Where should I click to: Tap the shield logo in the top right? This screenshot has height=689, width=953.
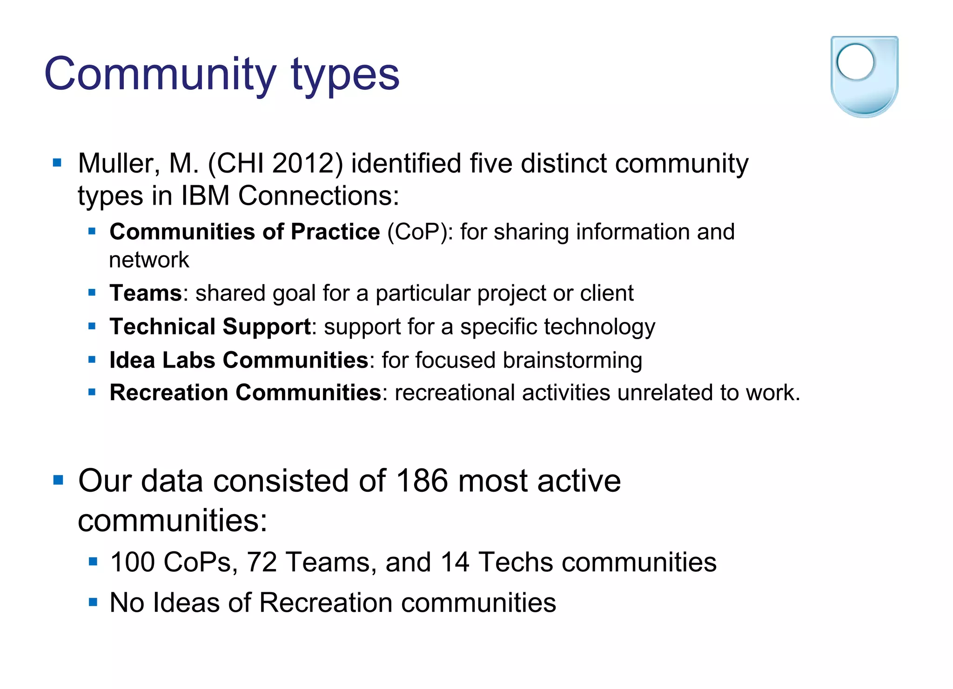click(x=864, y=77)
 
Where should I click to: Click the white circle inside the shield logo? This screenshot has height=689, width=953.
click(x=855, y=62)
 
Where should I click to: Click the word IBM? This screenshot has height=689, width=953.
click(x=205, y=195)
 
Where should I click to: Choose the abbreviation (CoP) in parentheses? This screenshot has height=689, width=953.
click(x=420, y=232)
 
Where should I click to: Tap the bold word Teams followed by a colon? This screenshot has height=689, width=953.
click(x=146, y=293)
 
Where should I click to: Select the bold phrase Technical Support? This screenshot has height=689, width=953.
click(x=210, y=327)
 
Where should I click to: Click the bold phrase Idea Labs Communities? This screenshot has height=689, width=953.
click(x=239, y=360)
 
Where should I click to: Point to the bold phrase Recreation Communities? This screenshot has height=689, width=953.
click(x=245, y=393)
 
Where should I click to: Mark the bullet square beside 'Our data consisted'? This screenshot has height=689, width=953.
click(x=58, y=480)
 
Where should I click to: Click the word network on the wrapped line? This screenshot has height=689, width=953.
click(x=149, y=260)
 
